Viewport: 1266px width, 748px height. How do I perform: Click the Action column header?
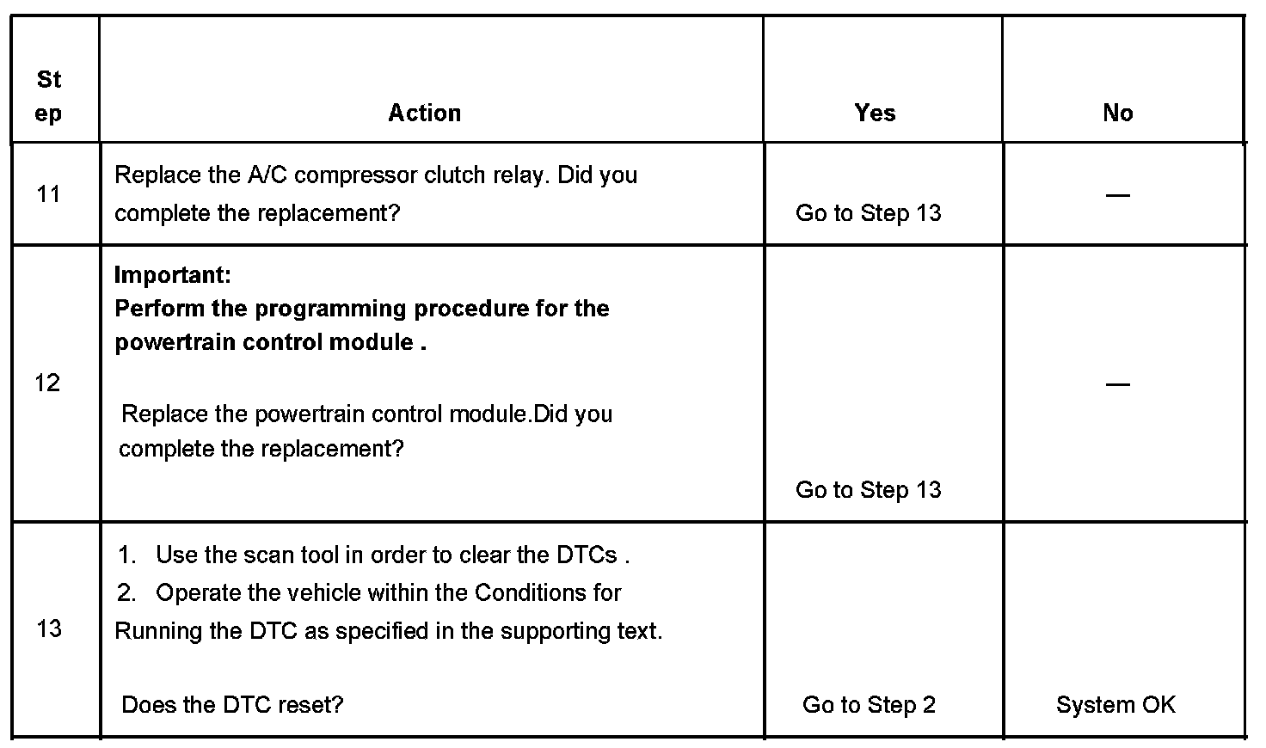click(x=424, y=113)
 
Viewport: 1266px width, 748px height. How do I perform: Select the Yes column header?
click(x=875, y=113)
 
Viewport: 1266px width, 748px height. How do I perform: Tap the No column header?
click(x=1117, y=113)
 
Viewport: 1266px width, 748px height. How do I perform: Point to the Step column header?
click(x=49, y=96)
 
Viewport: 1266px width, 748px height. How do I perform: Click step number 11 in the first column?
click(x=49, y=194)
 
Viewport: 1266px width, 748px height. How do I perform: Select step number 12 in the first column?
click(x=47, y=383)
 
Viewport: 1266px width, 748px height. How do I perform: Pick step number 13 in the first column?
click(x=49, y=628)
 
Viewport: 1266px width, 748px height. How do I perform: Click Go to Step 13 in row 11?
click(x=868, y=213)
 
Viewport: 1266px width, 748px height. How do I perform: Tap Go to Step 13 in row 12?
click(x=868, y=490)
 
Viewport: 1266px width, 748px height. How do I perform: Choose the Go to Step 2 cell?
click(x=868, y=705)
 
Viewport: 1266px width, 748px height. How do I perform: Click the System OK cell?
click(x=1115, y=705)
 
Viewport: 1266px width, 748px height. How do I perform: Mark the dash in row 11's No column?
click(x=1117, y=195)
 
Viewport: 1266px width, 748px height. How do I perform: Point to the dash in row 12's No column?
click(x=1117, y=384)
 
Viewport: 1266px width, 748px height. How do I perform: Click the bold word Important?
click(x=172, y=275)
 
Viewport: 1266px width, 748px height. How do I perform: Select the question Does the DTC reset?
click(x=232, y=705)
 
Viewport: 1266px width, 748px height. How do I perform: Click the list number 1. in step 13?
click(x=127, y=555)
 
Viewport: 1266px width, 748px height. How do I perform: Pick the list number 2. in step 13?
click(x=127, y=593)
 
